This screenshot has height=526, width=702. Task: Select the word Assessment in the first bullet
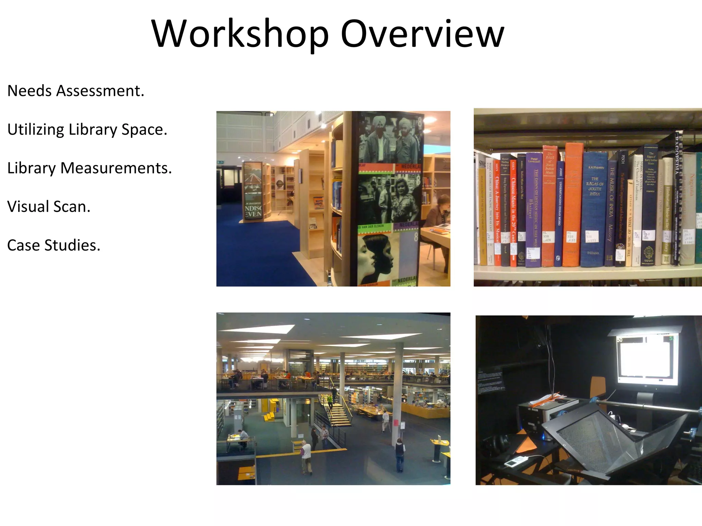pyautogui.click(x=100, y=91)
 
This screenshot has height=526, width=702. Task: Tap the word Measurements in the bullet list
pyautogui.click(x=116, y=168)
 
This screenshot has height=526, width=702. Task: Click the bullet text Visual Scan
pyautogui.click(x=49, y=207)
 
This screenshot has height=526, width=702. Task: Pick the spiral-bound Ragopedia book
pyautogui.click(x=677, y=199)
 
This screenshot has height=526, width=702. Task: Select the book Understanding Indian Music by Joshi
pyautogui.click(x=560, y=212)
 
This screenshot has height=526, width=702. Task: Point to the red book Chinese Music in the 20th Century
pyautogui.click(x=513, y=212)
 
